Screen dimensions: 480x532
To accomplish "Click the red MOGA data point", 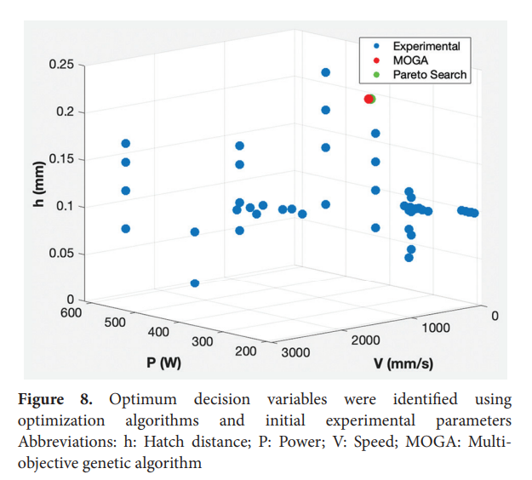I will [369, 100].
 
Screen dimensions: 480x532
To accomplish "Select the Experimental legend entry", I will [426, 46].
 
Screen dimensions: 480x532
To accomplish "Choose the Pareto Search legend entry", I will [429, 75].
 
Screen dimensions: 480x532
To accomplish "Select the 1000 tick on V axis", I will [436, 327].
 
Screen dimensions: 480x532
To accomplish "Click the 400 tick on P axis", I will [158, 332].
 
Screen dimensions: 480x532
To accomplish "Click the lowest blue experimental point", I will [195, 283].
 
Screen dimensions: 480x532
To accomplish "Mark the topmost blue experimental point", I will [325, 72].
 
